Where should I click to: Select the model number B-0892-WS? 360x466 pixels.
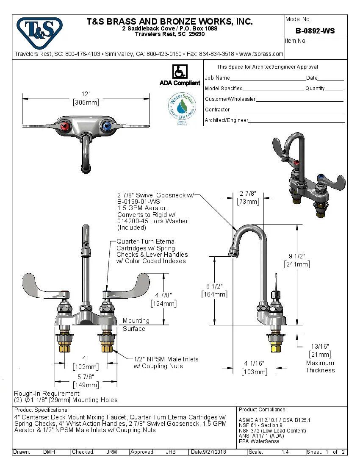(315, 31)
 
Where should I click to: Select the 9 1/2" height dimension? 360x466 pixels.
(296, 260)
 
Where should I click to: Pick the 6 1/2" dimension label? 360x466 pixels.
(214, 290)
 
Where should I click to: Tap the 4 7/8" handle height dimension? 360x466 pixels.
(163, 299)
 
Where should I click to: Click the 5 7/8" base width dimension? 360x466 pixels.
(86, 380)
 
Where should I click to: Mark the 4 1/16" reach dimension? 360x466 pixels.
(254, 367)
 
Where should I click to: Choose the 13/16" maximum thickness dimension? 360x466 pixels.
(320, 350)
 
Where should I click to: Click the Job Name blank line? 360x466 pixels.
(268, 79)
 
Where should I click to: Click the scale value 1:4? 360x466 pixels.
(285, 452)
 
